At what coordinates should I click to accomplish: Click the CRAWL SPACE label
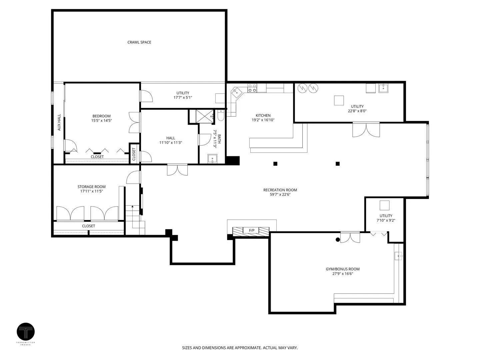point(139,42)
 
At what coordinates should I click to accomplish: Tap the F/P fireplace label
point(251,230)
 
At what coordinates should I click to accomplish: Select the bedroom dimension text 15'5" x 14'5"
point(101,120)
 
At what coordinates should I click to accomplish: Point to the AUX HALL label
point(59,122)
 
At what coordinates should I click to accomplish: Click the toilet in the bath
point(221,116)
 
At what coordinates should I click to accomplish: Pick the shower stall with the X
point(204,117)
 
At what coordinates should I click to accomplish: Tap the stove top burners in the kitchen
point(252,88)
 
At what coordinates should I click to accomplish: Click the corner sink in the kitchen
point(236,92)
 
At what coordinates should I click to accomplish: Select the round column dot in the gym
point(338,240)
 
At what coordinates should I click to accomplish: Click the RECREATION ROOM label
point(280,190)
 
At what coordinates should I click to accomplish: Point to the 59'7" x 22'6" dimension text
point(280,194)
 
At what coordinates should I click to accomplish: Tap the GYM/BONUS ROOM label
point(342,269)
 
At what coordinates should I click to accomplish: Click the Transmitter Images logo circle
point(26,331)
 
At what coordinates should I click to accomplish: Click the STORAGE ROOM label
point(91,187)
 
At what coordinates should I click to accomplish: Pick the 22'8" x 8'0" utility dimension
point(357,111)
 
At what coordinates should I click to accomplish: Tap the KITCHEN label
point(263,115)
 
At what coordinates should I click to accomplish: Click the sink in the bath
point(212,159)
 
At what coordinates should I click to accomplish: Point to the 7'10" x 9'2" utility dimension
point(386,220)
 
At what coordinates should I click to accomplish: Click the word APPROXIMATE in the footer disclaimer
point(248,348)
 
